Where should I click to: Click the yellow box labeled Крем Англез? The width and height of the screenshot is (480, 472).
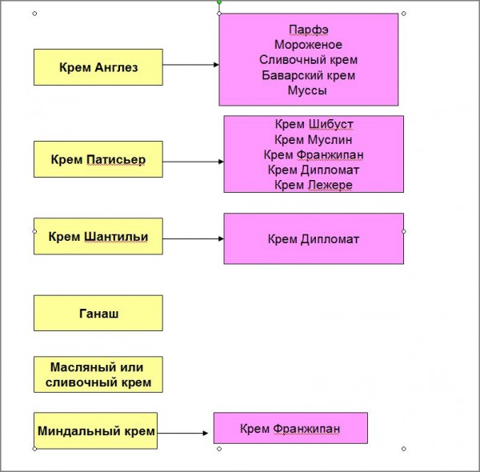tap(98, 67)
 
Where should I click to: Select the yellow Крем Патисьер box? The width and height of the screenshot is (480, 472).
tap(98, 159)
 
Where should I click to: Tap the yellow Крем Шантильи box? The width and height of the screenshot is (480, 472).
tap(98, 237)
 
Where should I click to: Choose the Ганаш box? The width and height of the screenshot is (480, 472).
tap(98, 313)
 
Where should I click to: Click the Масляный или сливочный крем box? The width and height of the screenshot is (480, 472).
tap(98, 374)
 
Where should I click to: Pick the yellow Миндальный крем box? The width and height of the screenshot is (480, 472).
tap(95, 430)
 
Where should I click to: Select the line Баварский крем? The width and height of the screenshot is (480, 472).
tap(308, 75)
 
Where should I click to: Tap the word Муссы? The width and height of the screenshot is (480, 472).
tap(308, 90)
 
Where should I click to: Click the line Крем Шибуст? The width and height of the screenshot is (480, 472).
tap(314, 124)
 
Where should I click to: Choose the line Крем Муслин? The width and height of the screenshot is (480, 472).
tap(314, 139)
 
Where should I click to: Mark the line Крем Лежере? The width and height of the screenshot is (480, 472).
tap(314, 185)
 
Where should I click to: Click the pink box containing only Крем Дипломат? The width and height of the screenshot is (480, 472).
tap(314, 238)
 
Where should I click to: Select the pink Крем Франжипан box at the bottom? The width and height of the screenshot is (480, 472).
tap(290, 428)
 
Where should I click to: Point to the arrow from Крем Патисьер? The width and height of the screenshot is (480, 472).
tap(193, 161)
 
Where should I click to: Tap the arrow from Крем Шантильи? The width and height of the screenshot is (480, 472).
tap(193, 238)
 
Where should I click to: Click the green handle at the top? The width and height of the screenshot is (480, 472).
tap(219, 2)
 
